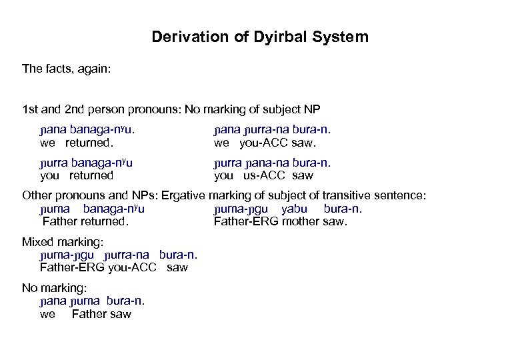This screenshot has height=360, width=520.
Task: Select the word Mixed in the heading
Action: (x=39, y=242)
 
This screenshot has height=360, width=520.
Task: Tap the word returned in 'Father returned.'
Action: (x=103, y=221)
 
